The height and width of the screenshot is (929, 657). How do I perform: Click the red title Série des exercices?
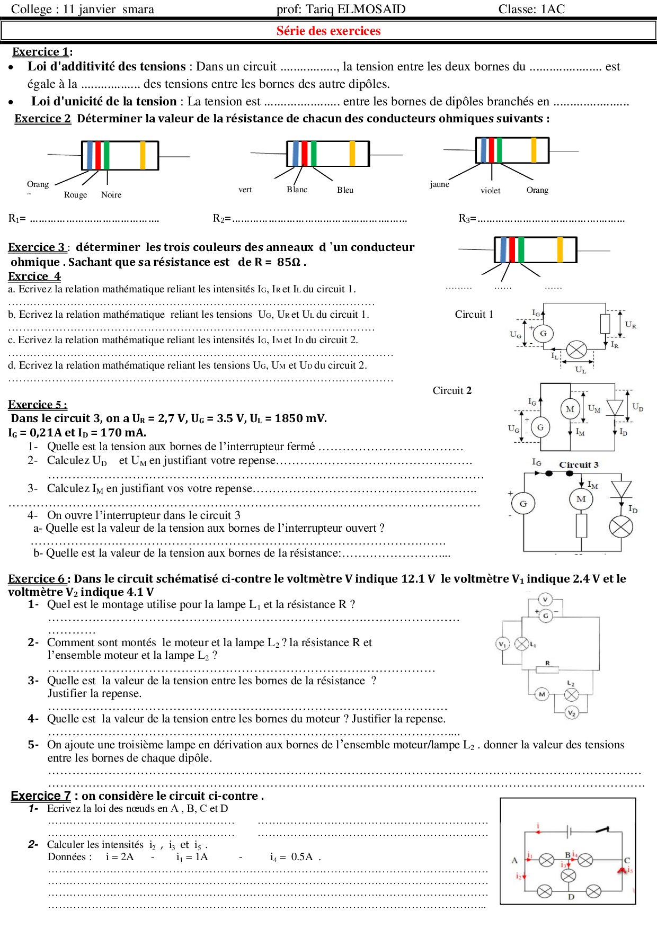click(x=328, y=31)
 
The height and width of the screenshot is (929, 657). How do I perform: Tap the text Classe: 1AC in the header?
click(x=531, y=9)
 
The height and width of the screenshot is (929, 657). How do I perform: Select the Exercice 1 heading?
click(x=41, y=52)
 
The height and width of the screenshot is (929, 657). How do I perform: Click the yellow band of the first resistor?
click(x=143, y=155)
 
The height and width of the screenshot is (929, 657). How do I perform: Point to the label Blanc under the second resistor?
click(x=297, y=190)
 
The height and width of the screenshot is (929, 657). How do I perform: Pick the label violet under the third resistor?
click(x=490, y=191)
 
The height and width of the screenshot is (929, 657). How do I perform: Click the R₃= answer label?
click(x=467, y=218)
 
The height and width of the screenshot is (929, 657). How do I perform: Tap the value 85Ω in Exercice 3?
click(x=289, y=262)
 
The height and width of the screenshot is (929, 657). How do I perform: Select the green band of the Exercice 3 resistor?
click(x=521, y=250)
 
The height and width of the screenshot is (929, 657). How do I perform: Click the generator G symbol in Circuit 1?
click(x=543, y=334)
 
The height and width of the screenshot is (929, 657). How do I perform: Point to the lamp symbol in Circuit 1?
click(x=576, y=350)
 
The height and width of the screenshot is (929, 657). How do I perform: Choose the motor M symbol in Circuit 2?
click(x=570, y=409)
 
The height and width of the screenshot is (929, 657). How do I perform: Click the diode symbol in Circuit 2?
click(x=615, y=408)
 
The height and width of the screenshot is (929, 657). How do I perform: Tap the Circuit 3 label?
click(x=579, y=465)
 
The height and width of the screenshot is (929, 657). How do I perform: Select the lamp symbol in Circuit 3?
click(x=621, y=526)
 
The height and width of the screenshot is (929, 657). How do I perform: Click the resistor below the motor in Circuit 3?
click(x=581, y=525)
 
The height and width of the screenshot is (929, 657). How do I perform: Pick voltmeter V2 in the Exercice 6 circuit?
click(x=571, y=713)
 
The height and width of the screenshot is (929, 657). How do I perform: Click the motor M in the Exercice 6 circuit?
click(x=541, y=694)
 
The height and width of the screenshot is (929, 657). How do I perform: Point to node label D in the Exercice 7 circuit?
click(x=571, y=897)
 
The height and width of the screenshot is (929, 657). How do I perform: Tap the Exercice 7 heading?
click(x=41, y=796)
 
